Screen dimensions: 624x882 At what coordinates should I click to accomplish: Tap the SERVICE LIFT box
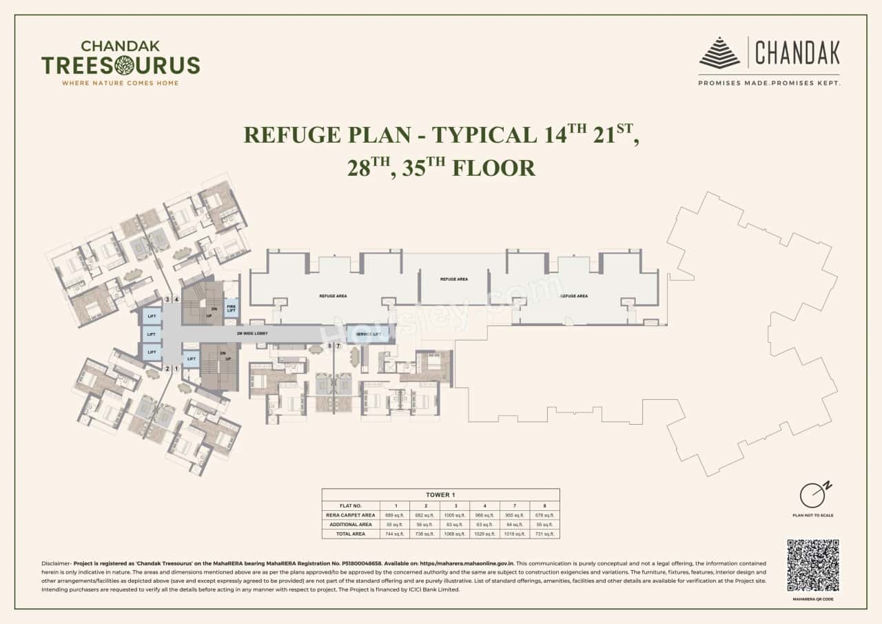367,334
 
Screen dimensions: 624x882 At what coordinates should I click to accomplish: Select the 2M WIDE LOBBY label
252,334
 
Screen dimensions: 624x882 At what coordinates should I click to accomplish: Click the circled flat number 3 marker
167,299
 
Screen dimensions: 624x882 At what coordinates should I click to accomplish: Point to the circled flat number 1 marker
176,369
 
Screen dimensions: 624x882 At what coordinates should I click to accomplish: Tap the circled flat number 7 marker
338,345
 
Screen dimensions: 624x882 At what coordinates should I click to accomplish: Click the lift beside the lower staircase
190,359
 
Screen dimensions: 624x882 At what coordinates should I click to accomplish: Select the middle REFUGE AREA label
454,279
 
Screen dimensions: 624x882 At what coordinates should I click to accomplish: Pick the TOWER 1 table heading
440,494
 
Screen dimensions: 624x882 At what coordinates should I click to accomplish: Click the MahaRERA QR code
812,565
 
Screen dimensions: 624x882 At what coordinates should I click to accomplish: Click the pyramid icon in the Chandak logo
719,52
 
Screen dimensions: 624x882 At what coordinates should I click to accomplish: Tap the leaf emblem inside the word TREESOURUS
125,66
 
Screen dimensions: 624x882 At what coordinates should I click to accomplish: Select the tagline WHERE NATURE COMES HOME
121,83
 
